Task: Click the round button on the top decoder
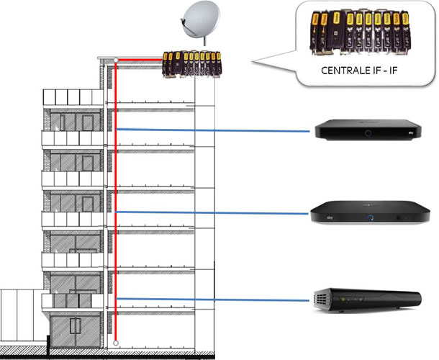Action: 369,134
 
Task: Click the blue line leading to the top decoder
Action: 216,130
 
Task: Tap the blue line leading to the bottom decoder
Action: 216,298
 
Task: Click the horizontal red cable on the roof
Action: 141,60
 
